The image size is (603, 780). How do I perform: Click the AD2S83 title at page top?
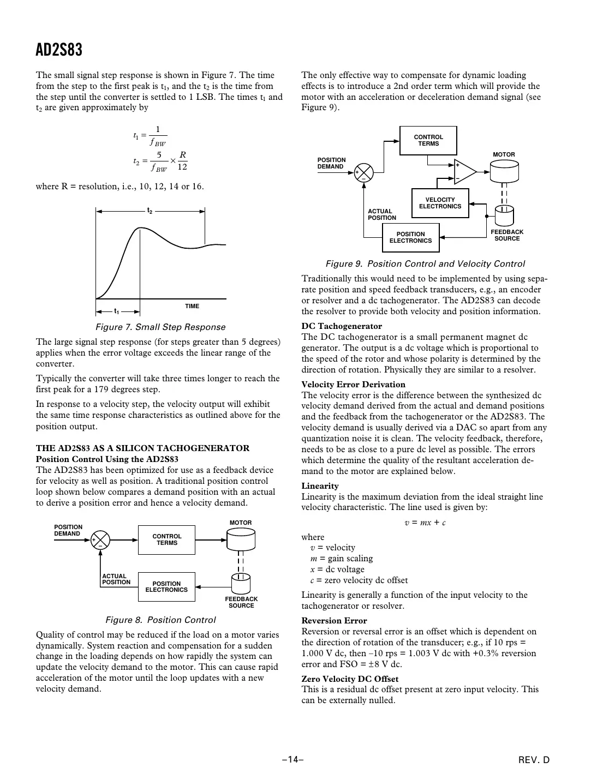click(x=59, y=50)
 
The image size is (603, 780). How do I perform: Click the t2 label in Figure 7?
click(x=149, y=211)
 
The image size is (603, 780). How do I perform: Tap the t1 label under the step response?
click(x=116, y=311)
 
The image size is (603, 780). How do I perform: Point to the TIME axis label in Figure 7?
click(x=192, y=306)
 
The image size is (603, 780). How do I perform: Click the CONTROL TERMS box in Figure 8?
click(x=166, y=539)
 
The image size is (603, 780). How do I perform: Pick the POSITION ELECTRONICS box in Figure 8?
click(x=166, y=586)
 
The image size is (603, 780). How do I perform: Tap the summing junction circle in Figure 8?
click(x=100, y=540)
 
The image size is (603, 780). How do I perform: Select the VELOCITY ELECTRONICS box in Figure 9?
click(x=440, y=203)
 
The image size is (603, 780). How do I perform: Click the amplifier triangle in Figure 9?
click(x=464, y=171)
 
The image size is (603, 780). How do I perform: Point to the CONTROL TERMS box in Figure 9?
click(x=428, y=141)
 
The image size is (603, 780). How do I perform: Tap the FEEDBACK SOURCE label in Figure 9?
click(x=507, y=235)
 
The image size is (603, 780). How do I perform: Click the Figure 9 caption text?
click(x=425, y=264)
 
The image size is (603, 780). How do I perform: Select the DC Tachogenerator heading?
click(x=342, y=326)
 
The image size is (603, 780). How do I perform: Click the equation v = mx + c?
click(x=425, y=523)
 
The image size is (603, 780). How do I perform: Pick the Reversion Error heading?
click(x=334, y=621)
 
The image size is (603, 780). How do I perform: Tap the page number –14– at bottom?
click(x=292, y=759)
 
